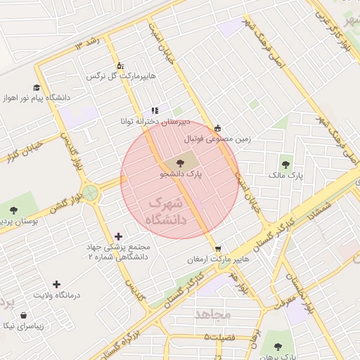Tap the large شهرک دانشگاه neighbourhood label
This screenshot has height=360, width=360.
(x=167, y=212)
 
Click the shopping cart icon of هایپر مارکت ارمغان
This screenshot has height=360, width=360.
(x=219, y=248)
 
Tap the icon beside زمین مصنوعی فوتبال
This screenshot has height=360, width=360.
(x=217, y=128)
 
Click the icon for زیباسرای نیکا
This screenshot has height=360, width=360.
(x=25, y=315)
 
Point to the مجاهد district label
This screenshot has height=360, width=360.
(x=213, y=314)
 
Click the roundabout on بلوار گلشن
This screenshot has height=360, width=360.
(x=91, y=192)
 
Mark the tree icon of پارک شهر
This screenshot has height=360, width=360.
(x=278, y=346)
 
